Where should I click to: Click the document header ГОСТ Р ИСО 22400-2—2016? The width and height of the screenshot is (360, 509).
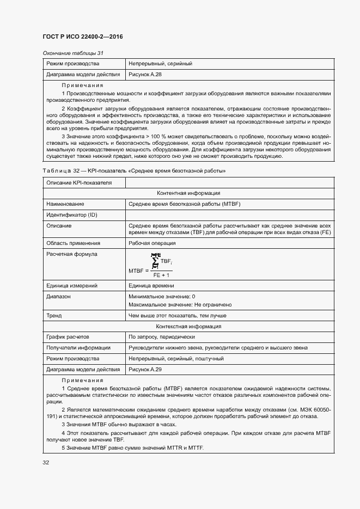pos(82,37)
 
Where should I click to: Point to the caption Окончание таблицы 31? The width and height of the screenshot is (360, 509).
pos(73,53)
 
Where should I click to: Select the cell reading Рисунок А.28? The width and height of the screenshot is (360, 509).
pos(145,74)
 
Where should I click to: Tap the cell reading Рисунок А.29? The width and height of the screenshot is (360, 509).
pos(145,369)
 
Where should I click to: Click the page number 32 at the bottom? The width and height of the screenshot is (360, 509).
pos(46,463)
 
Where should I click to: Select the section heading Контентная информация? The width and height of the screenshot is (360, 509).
pos(188,193)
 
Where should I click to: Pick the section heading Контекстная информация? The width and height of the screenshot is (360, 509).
pos(188,327)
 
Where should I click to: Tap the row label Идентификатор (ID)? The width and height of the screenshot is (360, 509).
pos(71,215)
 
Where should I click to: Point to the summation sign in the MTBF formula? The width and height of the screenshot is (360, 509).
pos(155,262)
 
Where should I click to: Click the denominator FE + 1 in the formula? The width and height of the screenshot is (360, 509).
pos(161,275)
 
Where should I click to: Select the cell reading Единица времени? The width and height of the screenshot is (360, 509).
pos(151,286)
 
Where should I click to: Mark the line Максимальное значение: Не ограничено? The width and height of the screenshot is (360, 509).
pos(180,305)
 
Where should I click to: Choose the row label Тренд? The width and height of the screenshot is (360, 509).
pos(54,316)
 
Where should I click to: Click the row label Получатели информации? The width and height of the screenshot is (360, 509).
pos(78,348)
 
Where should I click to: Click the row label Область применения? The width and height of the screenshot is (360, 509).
pos(73,243)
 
